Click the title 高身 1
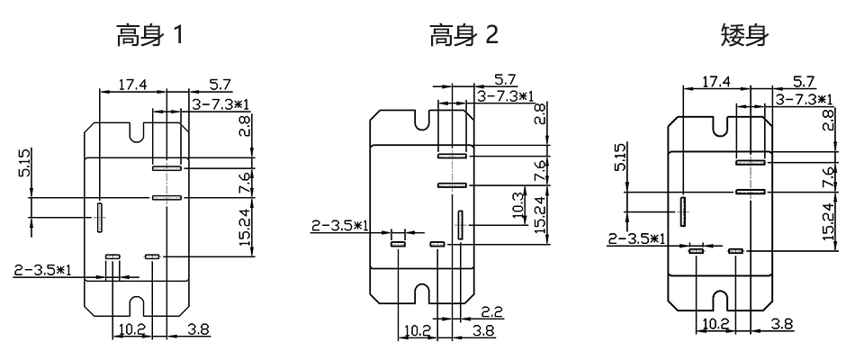[x=148, y=36]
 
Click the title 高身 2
[x=464, y=36]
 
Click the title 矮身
[x=745, y=36]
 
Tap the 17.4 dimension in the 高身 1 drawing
[x=133, y=85]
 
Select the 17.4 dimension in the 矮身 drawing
[x=716, y=82]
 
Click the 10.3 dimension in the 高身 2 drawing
[x=518, y=205]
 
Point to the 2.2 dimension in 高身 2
[x=491, y=312]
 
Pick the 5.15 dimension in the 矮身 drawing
[x=619, y=157]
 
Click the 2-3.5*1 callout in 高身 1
[x=42, y=270]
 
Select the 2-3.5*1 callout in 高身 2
[x=340, y=226]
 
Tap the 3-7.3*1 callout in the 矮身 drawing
[x=804, y=99]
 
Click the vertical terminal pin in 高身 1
[x=100, y=217]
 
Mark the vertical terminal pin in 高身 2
[x=460, y=225]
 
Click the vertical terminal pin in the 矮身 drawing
[x=683, y=211]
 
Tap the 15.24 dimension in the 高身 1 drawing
[x=246, y=225]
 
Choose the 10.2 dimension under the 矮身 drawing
[x=717, y=324]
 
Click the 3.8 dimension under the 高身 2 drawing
[x=482, y=330]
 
